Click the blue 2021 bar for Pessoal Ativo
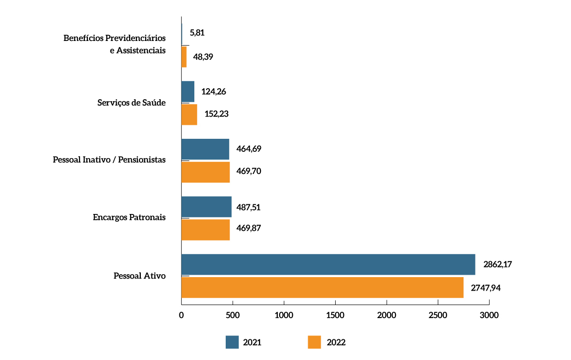click(x=328, y=265)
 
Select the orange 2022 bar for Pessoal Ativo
click(x=322, y=287)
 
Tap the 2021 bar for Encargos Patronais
click(x=206, y=207)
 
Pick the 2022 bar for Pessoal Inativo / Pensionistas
click(x=205, y=172)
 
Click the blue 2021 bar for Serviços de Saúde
click(x=188, y=92)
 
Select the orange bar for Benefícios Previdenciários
click(x=184, y=57)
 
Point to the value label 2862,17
click(x=498, y=265)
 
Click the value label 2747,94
click(x=486, y=288)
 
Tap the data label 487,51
click(x=249, y=207)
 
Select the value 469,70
click(x=249, y=172)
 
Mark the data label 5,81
click(x=198, y=33)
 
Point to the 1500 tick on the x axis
click(x=335, y=315)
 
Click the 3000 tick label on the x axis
click(x=489, y=315)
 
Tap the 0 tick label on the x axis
click(x=181, y=315)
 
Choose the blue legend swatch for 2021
click(x=232, y=342)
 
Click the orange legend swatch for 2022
click(x=314, y=342)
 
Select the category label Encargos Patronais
click(x=129, y=217)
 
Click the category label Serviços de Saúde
click(x=131, y=103)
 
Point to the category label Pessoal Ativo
click(x=139, y=276)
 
